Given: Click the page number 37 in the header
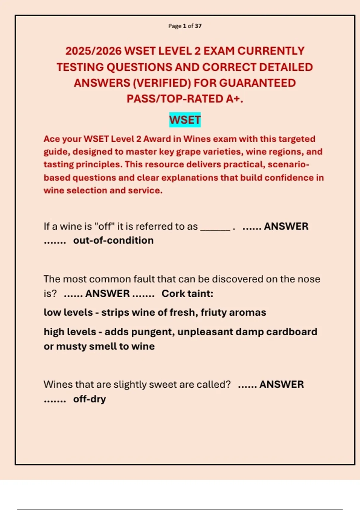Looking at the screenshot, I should pyautogui.click(x=198, y=26).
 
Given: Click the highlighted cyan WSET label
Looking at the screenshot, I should pyautogui.click(x=185, y=120).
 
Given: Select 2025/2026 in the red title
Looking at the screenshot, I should pyautogui.click(x=93, y=51).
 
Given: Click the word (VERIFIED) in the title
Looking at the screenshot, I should pyautogui.click(x=162, y=83).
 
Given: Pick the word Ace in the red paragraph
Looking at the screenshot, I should pyautogui.click(x=52, y=139).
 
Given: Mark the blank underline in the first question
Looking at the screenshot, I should pyautogui.click(x=215, y=227).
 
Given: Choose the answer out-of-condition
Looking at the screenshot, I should pyautogui.click(x=113, y=240).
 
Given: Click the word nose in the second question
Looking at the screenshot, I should pyautogui.click(x=309, y=279).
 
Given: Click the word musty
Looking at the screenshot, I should pyautogui.click(x=71, y=346).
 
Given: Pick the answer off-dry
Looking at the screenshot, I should pyautogui.click(x=89, y=399).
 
